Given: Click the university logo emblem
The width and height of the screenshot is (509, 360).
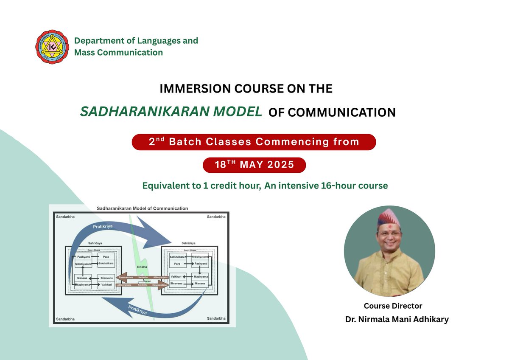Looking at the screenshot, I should click(52, 47).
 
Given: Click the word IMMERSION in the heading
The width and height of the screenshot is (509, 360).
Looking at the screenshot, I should click(186, 89).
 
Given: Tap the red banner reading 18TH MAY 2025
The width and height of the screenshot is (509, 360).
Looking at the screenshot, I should click(254, 165).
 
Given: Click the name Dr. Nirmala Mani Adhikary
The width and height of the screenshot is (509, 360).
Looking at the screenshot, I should click(397, 319).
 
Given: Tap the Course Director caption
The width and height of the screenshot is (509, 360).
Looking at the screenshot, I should click(393, 306).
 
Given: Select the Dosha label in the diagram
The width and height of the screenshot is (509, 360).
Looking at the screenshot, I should click(142, 267).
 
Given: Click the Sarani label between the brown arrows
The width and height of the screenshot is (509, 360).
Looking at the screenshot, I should click(147, 281).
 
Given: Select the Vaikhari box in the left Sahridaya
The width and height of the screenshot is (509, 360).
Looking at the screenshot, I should click(106, 285).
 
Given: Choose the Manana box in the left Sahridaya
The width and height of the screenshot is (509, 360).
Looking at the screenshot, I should click(83, 278).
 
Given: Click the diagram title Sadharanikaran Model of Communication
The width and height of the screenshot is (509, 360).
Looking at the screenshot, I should click(142, 208).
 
